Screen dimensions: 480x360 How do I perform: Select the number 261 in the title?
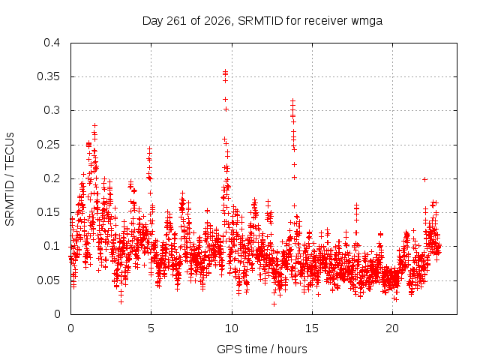click(x=176, y=21)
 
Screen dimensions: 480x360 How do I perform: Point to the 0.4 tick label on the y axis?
click(x=52, y=43)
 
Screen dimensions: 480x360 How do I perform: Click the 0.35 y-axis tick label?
click(x=48, y=76)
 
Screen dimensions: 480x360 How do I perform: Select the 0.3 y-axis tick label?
click(x=52, y=110)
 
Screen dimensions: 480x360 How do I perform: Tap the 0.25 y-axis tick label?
click(x=48, y=145)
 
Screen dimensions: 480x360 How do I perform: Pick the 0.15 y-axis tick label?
click(x=48, y=212)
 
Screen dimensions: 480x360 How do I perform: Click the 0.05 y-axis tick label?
click(x=48, y=280)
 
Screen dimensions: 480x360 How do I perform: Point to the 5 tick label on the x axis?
click(x=151, y=328)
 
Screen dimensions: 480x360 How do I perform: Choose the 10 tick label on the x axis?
click(x=232, y=328)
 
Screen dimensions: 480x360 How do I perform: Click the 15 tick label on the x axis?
click(x=312, y=328)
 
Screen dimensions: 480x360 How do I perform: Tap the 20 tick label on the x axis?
click(x=392, y=328)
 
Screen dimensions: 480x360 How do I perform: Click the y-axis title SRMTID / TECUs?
click(x=10, y=179)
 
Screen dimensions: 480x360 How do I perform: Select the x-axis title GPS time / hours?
click(x=262, y=349)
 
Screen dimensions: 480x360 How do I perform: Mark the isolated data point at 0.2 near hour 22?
click(x=424, y=180)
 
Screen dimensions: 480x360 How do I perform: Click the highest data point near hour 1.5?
click(x=95, y=125)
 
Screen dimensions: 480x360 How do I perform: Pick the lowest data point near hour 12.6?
click(x=274, y=304)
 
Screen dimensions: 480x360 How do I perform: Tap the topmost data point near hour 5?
click(x=150, y=148)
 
